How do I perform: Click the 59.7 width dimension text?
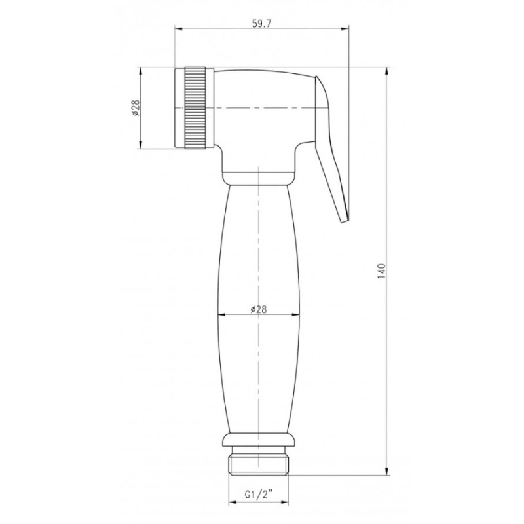(262, 24)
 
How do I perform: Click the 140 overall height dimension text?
(382, 271)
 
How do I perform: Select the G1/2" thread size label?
(259, 493)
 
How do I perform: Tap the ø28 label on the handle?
(258, 309)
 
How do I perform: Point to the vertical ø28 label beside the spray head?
(136, 108)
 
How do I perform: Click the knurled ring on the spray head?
(195, 107)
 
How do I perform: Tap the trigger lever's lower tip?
(345, 220)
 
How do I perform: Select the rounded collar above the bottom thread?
(258, 440)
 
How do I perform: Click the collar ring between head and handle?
(258, 178)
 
